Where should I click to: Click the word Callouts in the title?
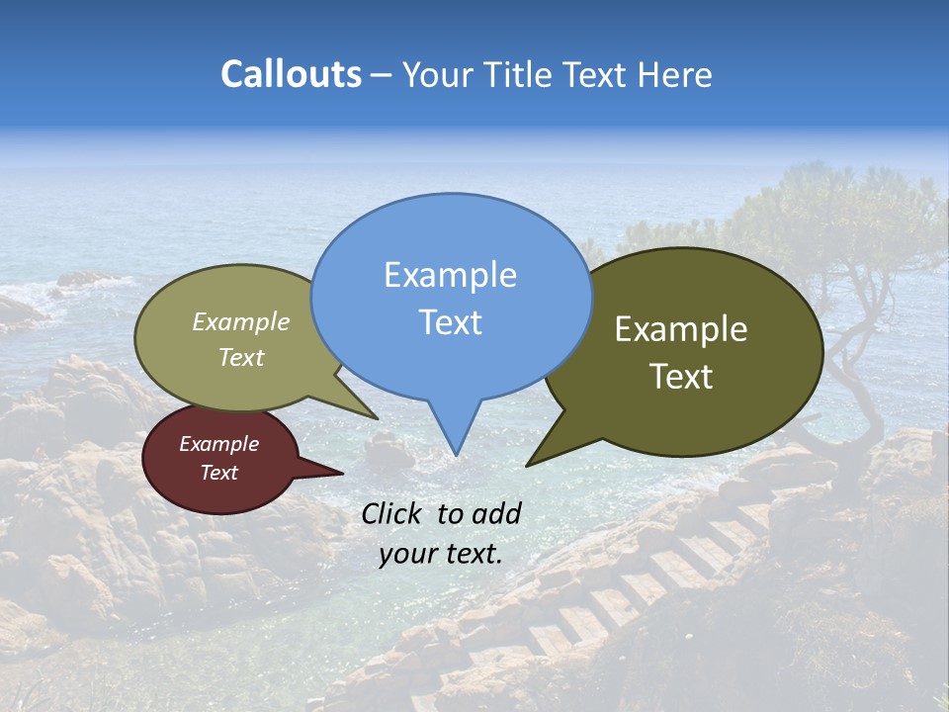291,75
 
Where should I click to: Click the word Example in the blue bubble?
450,275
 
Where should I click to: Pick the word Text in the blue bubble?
450,322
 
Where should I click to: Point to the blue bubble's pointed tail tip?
456,454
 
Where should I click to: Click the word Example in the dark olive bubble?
681,329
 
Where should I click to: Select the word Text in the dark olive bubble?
681,377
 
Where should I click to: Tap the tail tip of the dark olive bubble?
528,464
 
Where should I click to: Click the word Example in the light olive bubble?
241,322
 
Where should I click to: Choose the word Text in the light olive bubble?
241,357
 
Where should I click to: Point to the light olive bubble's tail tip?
377,418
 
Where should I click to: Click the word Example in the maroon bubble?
218,444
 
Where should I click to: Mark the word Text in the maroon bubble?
218,473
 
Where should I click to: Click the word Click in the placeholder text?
393,513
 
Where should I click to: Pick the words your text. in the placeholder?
440,554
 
